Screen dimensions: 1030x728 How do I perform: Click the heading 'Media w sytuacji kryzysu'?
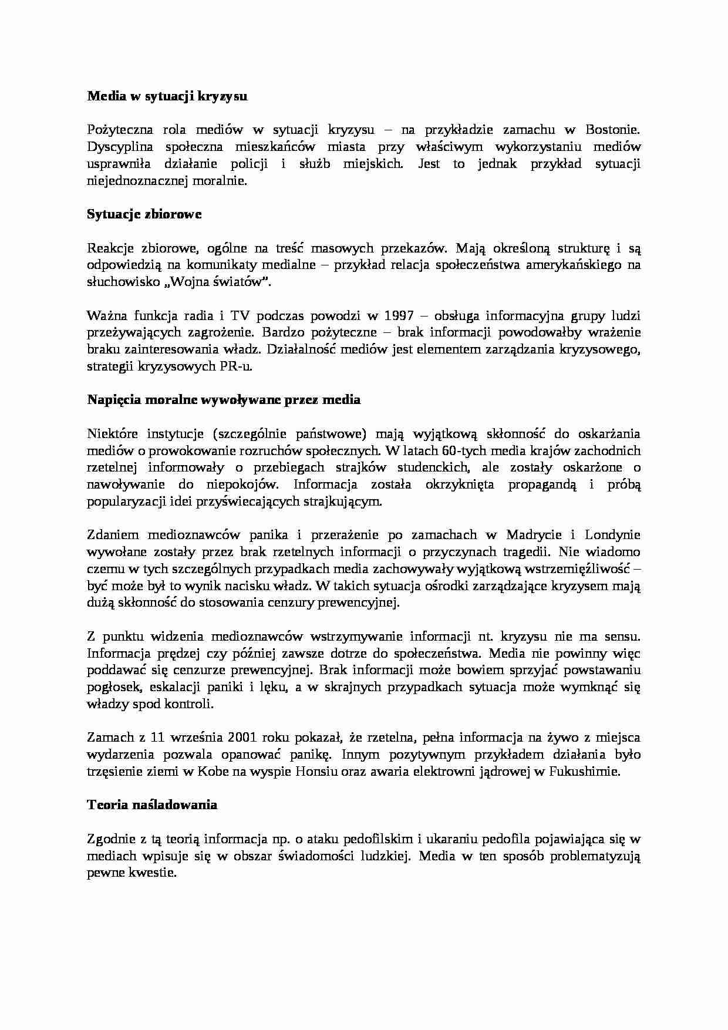(x=167, y=96)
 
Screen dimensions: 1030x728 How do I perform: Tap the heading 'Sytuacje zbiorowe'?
(x=144, y=214)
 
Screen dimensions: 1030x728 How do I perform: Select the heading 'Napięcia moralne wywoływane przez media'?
(x=224, y=400)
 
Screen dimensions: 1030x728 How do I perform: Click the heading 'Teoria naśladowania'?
(x=152, y=805)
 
